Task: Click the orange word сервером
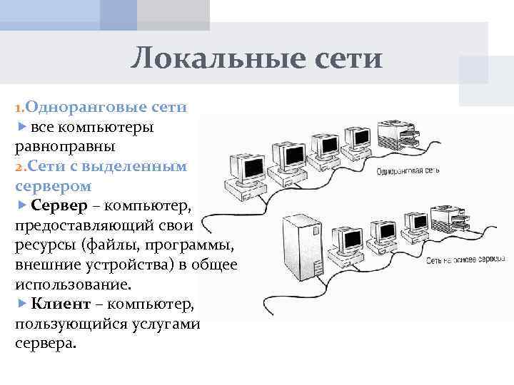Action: (53, 185)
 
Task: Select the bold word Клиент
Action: (61, 304)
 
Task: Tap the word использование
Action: (72, 284)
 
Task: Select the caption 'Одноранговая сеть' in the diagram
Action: (406, 171)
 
